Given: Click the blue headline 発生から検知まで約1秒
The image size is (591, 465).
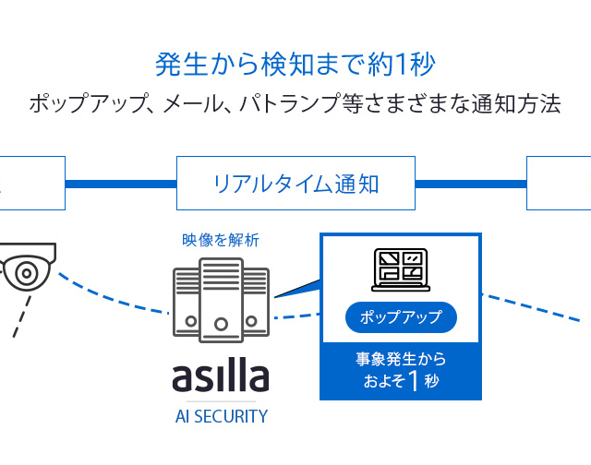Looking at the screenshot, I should tap(295, 65).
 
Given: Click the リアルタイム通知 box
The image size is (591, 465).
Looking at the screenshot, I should tap(295, 183).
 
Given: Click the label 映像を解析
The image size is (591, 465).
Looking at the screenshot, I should tap(221, 240).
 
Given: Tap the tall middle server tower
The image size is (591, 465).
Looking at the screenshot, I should tap(221, 295).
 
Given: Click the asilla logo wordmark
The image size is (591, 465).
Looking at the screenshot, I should tap(221, 376).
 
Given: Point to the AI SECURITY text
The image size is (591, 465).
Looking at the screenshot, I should tap(221, 416).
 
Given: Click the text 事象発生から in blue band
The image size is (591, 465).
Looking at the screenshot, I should tap(400, 358).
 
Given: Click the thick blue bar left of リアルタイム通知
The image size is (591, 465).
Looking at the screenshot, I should tap(120, 183).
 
